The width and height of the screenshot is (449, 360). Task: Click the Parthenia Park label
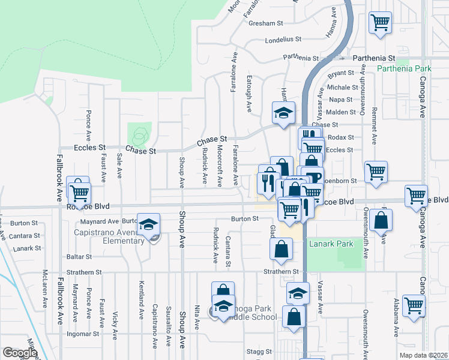(405, 68)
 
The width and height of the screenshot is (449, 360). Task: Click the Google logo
(20, 353)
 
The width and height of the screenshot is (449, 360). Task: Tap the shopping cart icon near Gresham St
(381, 23)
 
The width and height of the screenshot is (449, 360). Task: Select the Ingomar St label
(83, 334)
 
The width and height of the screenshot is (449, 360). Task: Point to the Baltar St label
(79, 256)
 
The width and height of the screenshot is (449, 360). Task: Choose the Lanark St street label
(27, 248)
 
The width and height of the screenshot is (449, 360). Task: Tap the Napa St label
(341, 100)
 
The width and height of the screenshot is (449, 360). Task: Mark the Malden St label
(342, 112)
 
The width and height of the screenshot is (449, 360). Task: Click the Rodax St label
(342, 137)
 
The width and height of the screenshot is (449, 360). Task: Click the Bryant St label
(342, 73)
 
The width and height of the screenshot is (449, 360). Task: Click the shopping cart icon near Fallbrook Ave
(79, 193)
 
